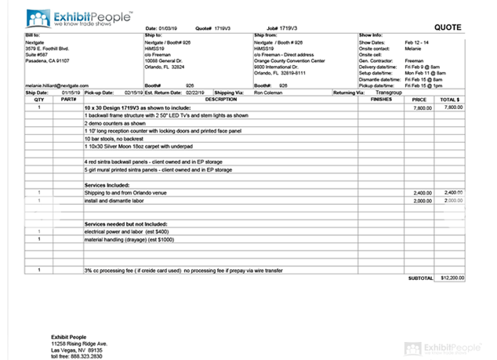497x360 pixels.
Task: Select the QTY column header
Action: point(38,100)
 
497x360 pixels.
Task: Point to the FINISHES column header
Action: point(380,100)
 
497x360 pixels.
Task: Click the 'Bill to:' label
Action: point(32,35)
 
